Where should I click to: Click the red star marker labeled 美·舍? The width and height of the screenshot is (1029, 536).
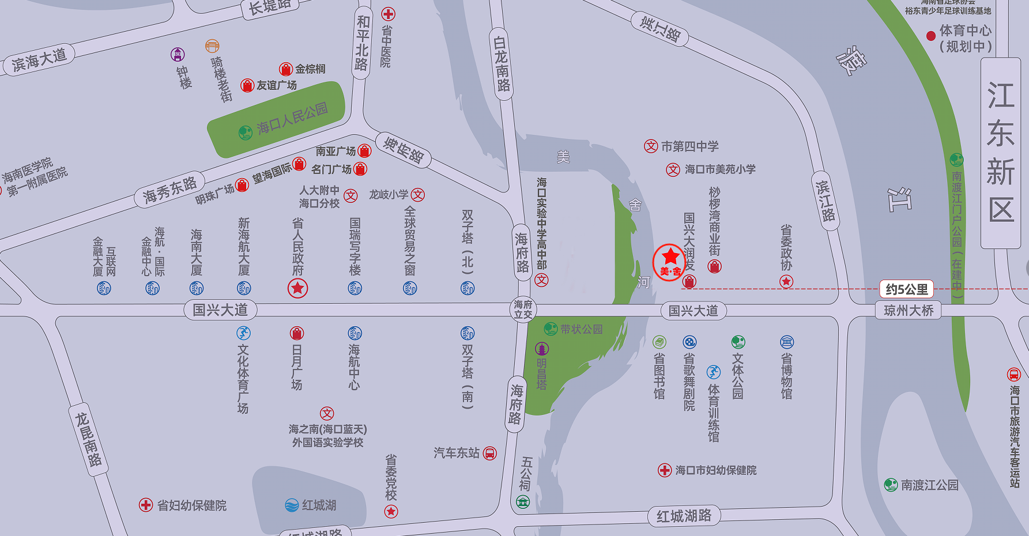[670, 262]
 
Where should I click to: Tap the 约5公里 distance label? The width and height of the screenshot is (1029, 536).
[907, 289]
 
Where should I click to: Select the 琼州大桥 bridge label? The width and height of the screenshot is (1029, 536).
[909, 311]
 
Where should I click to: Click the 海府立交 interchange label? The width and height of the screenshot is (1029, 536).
[523, 309]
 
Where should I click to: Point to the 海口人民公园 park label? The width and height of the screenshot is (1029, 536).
[292, 118]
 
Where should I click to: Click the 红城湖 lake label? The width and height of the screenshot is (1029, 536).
[319, 505]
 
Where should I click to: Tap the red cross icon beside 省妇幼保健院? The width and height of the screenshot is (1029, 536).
[146, 505]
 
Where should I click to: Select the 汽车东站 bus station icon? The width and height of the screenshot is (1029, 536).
[489, 454]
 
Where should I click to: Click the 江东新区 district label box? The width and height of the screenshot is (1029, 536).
[1000, 153]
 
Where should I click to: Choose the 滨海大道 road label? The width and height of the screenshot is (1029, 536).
[39, 61]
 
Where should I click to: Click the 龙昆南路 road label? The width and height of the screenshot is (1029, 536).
[89, 439]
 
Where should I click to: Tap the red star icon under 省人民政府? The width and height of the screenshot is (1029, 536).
[297, 288]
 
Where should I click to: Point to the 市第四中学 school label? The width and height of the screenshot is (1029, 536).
[689, 146]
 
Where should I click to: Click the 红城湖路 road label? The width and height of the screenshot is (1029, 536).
[684, 516]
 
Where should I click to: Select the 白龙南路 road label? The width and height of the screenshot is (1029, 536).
[502, 63]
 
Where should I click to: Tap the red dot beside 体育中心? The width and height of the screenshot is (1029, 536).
[930, 36]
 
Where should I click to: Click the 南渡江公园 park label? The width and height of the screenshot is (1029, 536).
[929, 485]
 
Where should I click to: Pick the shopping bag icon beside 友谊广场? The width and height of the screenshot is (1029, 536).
[247, 86]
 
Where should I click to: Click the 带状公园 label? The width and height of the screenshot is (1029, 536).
[581, 329]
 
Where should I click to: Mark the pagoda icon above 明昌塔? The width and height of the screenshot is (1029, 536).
[542, 349]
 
